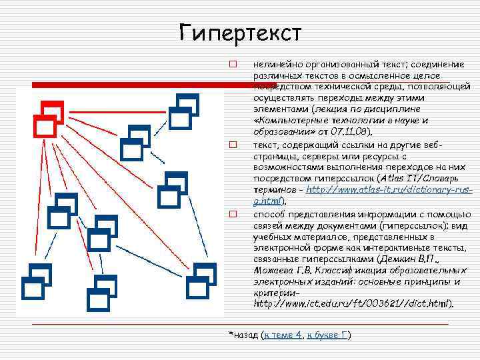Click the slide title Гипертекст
tap(240, 33)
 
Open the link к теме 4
tap(283, 335)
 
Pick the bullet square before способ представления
tap(233, 215)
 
